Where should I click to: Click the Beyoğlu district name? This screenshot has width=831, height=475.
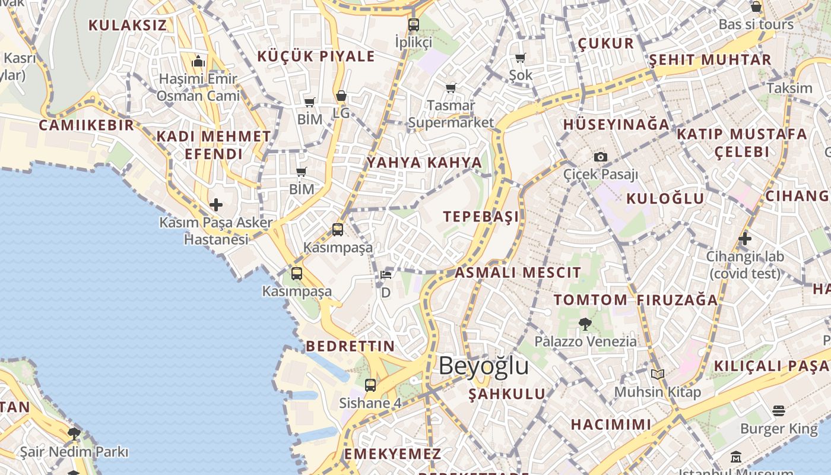click(483, 366)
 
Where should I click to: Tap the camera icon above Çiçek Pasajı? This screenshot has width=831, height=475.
click(601, 157)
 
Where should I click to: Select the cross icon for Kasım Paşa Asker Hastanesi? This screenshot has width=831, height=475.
click(216, 205)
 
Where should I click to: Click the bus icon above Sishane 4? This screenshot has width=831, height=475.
click(370, 385)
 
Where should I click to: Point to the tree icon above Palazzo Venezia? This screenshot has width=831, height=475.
click(585, 324)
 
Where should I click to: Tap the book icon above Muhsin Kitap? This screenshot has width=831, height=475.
click(657, 374)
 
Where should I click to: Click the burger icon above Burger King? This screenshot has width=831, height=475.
click(779, 410)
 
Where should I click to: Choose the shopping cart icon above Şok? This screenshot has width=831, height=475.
click(521, 58)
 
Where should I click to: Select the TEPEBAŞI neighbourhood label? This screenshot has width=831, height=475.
click(481, 216)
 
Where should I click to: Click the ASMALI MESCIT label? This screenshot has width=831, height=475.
click(518, 273)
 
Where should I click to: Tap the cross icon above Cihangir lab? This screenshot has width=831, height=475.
click(745, 239)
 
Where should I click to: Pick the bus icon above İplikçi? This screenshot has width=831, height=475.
click(414, 25)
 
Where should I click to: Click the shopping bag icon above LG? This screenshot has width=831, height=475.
click(341, 96)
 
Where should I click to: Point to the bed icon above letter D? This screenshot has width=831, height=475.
click(386, 275)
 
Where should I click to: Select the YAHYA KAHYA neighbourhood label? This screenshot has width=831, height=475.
click(424, 163)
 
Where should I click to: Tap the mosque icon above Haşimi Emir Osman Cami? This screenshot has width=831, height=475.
click(198, 61)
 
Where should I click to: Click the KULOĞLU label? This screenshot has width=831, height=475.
click(665, 198)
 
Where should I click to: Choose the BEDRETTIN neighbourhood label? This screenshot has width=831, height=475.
click(350, 346)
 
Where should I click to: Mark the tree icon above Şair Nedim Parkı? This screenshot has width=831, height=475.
click(74, 434)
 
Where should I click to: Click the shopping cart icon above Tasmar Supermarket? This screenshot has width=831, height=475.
click(451, 88)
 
